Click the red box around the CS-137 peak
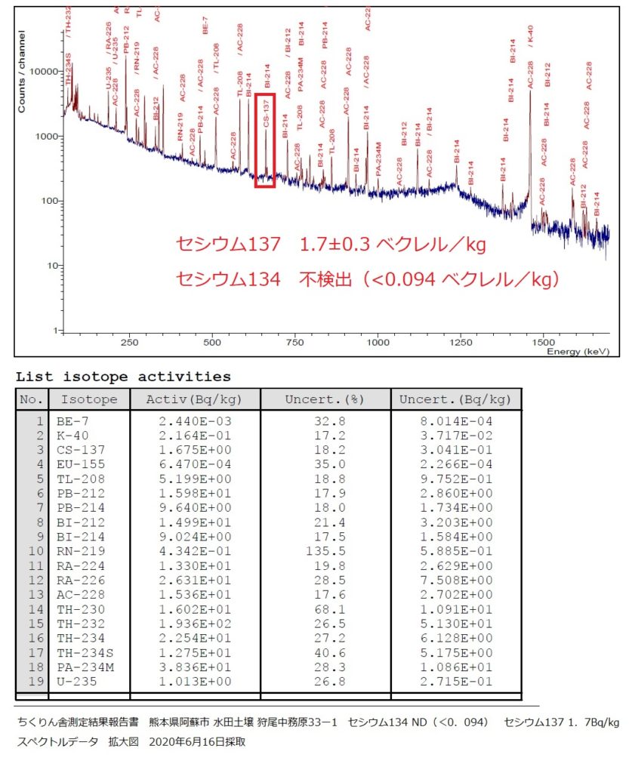pyautogui.click(x=265, y=140)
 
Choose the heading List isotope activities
pyautogui.click(x=124, y=376)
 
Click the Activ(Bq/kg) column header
pyautogui.click(x=195, y=399)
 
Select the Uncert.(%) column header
pyautogui.click(x=325, y=399)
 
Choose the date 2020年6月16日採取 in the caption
pyautogui.click(x=198, y=742)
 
